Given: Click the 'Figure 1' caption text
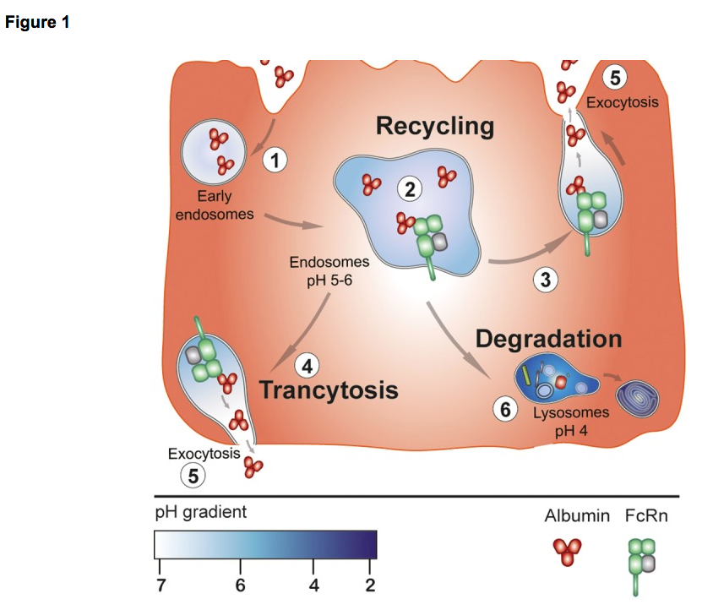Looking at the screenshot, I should point(37,23).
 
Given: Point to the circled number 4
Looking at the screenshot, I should point(307,367).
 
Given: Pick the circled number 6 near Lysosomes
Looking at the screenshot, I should point(505,411).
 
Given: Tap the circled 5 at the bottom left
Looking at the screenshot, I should point(193,477).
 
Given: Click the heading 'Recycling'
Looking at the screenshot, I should point(434,127).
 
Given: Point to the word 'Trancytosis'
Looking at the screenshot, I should point(329,391).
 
